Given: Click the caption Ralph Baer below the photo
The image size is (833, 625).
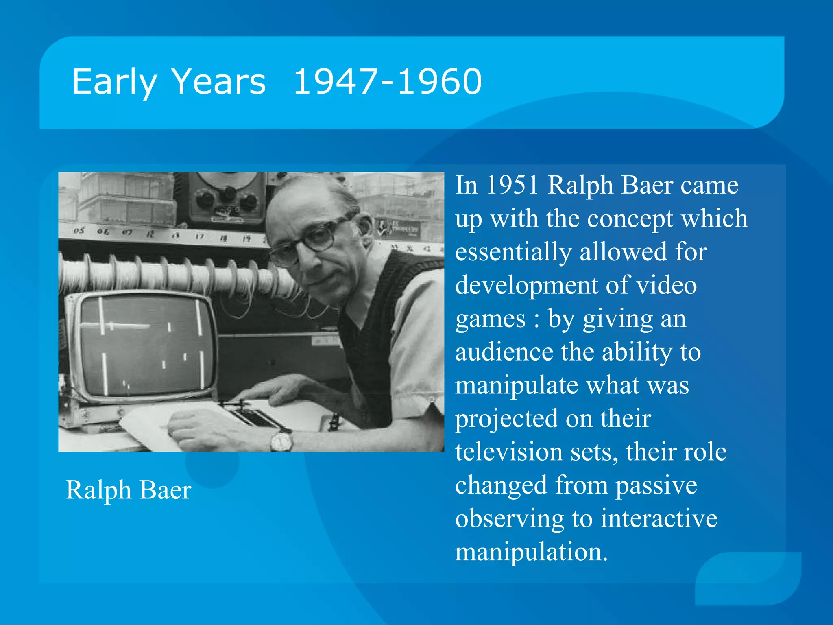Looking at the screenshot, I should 128,490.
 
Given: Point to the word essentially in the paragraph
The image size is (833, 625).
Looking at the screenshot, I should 513,252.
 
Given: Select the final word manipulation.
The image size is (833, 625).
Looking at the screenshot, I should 531,552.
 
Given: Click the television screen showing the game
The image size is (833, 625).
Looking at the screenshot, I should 146,346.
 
